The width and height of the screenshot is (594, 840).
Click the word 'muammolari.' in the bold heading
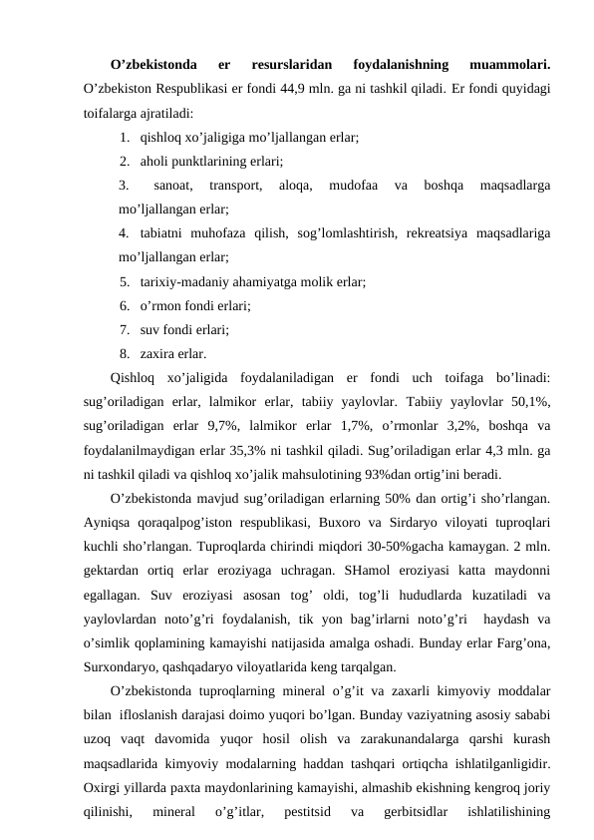point(504,66)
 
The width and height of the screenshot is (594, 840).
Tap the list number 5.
point(123,282)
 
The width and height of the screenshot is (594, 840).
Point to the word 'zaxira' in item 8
point(158,353)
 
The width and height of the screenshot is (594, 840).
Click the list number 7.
point(123,329)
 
